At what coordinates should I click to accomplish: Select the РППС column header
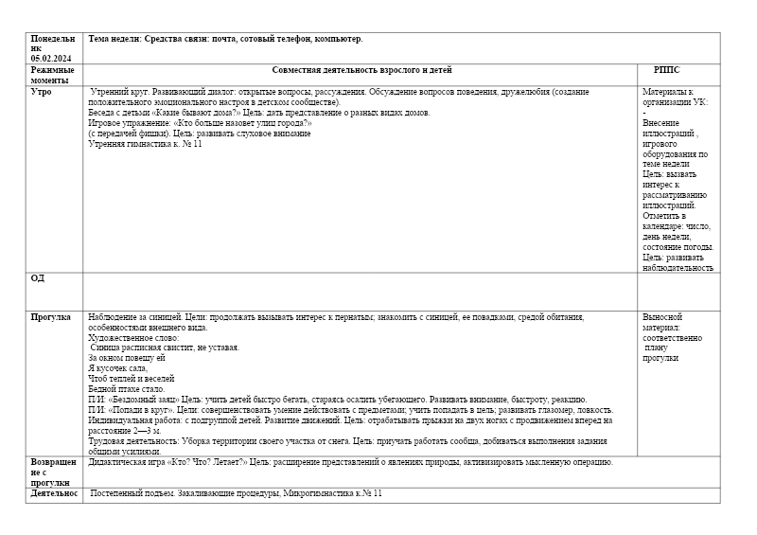pyautogui.click(x=666, y=70)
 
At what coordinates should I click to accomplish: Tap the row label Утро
pyautogui.click(x=42, y=92)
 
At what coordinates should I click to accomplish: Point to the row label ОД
pyautogui.click(x=38, y=278)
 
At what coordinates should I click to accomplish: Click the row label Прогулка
pyautogui.click(x=50, y=317)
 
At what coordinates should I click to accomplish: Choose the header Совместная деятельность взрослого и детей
pyautogui.click(x=361, y=70)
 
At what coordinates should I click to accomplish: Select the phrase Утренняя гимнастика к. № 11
pyautogui.click(x=145, y=143)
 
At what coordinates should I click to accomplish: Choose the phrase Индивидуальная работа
pyautogui.click(x=133, y=420)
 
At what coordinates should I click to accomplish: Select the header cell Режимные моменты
pyautogui.click(x=52, y=76)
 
